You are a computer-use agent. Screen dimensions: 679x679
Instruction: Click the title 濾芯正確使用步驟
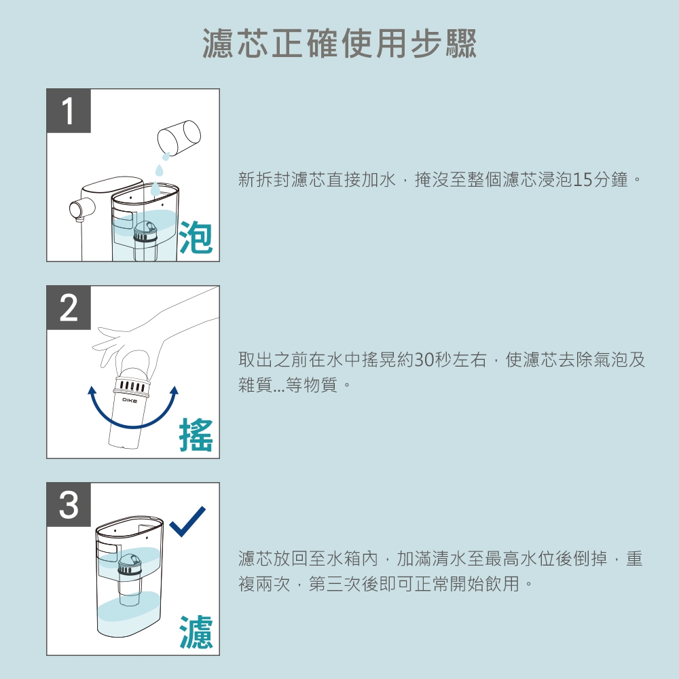tap(340, 43)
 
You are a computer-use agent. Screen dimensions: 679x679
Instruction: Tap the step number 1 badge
tap(69, 111)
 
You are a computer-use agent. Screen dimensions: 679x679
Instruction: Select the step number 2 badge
tap(69, 308)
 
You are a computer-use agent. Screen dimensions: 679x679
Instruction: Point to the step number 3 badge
tap(69, 504)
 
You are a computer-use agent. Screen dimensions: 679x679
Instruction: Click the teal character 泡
tap(196, 237)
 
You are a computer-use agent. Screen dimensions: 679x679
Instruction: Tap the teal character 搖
tap(196, 435)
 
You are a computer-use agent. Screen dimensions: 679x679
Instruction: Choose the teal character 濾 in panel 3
tap(196, 631)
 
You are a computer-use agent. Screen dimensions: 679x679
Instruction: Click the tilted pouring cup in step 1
tap(179, 137)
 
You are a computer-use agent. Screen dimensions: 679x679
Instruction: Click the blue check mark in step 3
tap(187, 521)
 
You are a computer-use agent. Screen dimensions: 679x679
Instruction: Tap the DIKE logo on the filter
tap(130, 401)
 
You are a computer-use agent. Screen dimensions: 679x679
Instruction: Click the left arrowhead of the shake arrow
tap(92, 390)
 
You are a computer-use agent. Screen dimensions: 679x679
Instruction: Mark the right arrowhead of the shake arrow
tap(174, 390)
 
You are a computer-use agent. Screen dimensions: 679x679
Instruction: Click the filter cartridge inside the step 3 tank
tap(129, 579)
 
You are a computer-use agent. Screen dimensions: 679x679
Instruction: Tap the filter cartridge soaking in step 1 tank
tap(145, 240)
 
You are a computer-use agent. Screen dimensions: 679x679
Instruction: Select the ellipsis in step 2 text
tap(279, 389)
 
